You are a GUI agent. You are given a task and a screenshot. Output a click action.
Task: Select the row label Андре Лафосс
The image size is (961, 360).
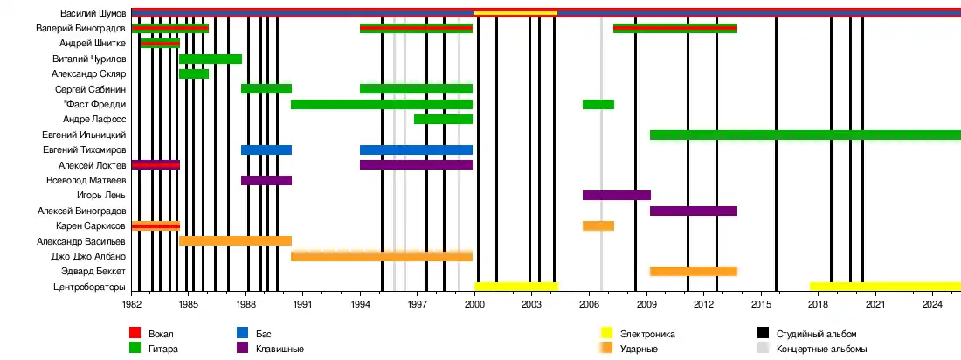95,119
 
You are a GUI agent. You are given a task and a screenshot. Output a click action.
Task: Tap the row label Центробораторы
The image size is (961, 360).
90,287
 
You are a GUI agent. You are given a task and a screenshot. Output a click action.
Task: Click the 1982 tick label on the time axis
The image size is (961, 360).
132,304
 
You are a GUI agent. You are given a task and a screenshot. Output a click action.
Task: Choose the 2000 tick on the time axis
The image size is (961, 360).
474,304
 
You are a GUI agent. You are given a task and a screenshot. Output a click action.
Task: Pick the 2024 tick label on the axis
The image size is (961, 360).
933,304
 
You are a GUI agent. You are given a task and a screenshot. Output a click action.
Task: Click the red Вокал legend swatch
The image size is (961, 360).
135,334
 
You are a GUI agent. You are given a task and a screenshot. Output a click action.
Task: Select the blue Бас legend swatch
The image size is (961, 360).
242,334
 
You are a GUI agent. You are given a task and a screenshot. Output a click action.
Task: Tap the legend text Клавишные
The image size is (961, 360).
280,349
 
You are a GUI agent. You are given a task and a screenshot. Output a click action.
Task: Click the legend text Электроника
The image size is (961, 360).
647,334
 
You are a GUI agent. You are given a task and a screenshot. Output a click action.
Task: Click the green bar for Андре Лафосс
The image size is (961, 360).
443,119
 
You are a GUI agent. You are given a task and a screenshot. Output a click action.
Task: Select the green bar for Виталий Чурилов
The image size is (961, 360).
211,59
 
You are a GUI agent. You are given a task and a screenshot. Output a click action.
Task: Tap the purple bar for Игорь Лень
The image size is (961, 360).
616,195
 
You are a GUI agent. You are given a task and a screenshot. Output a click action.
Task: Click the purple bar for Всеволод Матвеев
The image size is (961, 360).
266,180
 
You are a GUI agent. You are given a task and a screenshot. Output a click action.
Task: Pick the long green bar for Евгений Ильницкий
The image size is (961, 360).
805,135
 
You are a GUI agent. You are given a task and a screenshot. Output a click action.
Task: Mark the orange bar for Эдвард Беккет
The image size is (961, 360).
693,271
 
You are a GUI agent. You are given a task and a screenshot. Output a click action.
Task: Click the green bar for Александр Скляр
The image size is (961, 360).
194,73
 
